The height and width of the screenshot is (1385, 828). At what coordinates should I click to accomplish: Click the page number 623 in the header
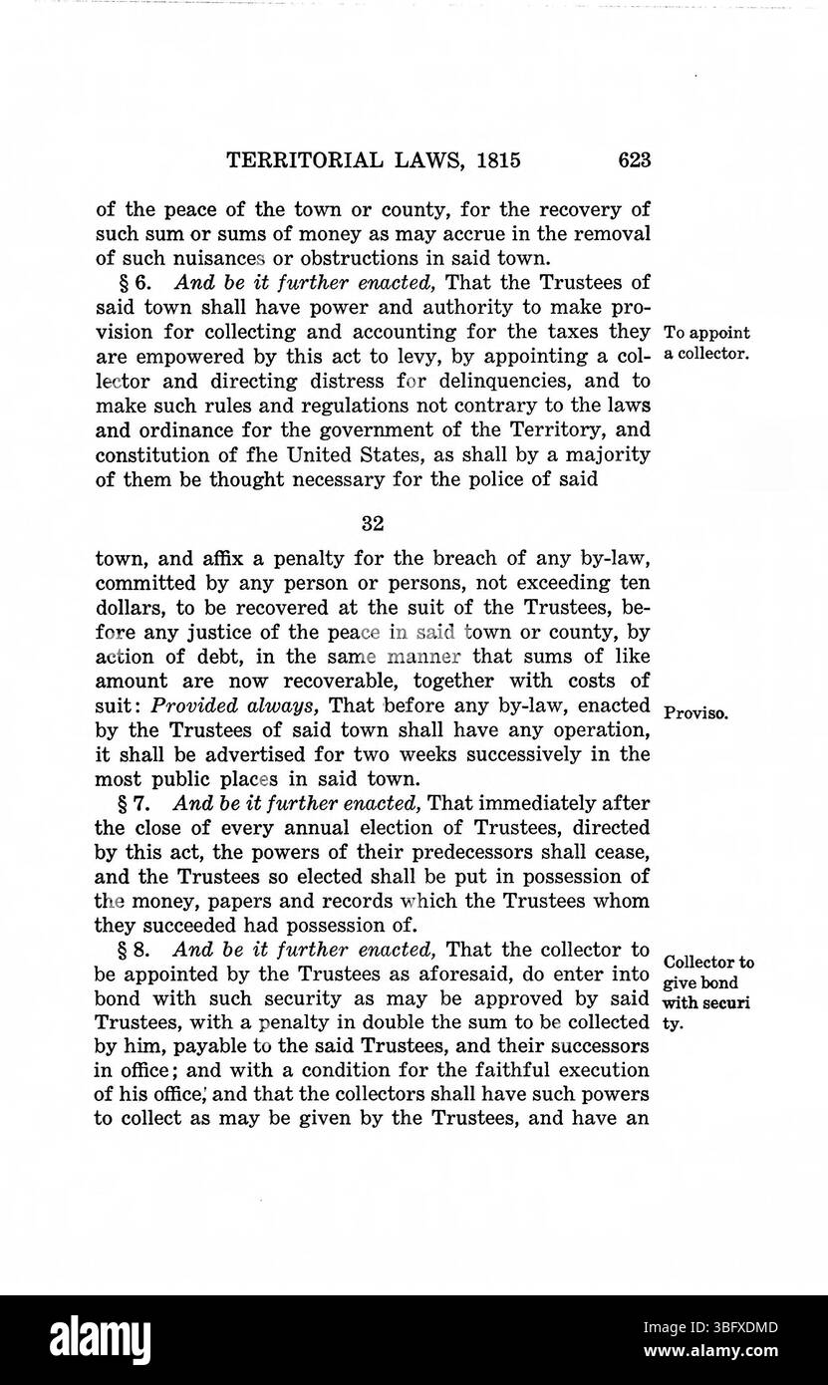click(x=634, y=160)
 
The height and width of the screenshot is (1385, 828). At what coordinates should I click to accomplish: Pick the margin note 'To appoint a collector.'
click(x=704, y=344)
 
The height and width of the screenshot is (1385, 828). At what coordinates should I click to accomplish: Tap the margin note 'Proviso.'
click(x=692, y=713)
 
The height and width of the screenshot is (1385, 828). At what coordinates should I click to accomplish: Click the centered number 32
click(x=373, y=522)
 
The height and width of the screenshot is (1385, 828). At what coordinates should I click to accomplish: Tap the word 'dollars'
click(x=129, y=608)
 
